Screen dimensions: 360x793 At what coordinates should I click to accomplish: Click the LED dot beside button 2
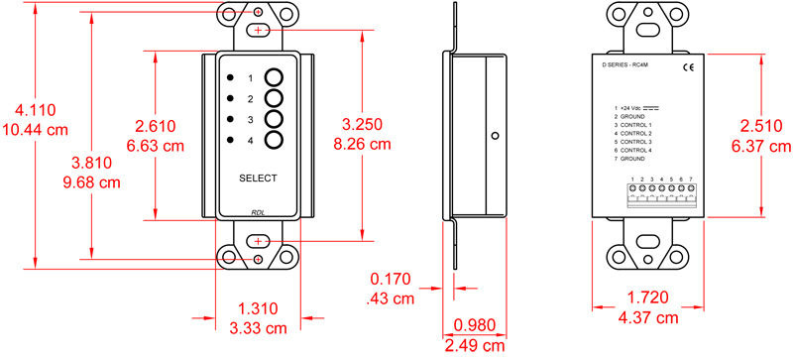[230, 99]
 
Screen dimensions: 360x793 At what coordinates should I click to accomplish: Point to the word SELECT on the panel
[258, 179]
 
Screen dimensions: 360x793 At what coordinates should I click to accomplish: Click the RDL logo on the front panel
[257, 212]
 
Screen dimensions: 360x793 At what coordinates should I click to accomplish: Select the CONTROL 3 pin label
[636, 141]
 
